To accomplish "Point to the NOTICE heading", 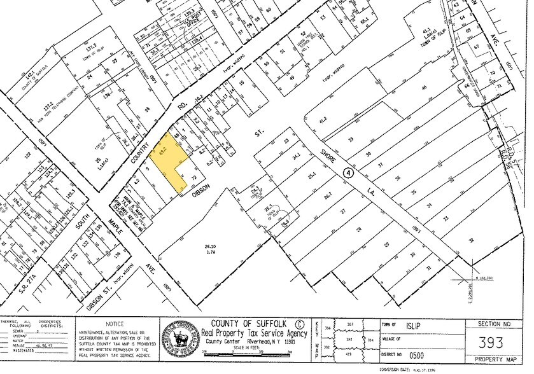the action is click(115, 324).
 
